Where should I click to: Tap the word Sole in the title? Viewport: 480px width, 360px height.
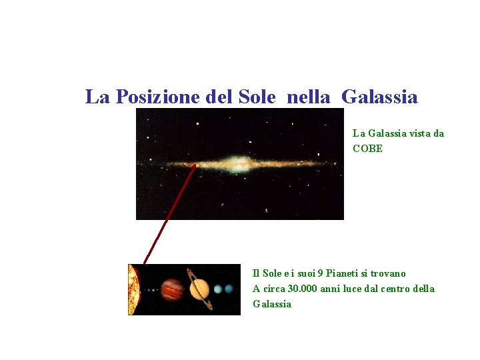pos(256,97)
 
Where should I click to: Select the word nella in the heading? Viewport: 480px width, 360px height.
pos(309,97)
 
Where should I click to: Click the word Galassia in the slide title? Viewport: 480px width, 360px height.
pos(379,97)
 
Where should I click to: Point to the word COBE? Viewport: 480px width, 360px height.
pos(367,149)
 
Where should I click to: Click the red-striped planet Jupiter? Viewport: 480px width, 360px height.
pos(173,289)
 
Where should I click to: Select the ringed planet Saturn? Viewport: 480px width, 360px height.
pos(199,289)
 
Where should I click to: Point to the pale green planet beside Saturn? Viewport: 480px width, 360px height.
pos(217,289)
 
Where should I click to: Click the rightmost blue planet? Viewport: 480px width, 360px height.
pos(229,289)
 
